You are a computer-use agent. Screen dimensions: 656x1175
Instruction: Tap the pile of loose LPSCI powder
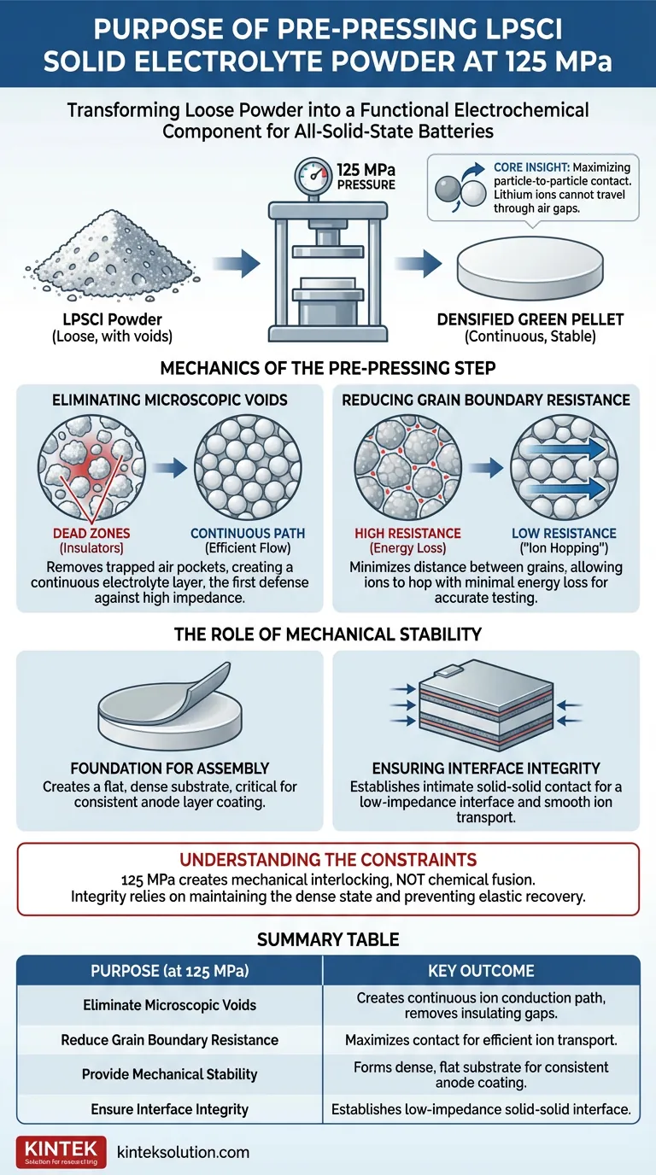[x=111, y=255]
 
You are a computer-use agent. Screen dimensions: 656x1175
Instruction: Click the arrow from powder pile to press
[x=237, y=263]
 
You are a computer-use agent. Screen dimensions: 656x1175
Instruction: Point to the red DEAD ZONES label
[x=91, y=534]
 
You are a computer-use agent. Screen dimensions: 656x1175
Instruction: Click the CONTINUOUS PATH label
[x=248, y=534]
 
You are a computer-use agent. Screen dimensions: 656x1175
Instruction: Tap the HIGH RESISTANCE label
[x=407, y=534]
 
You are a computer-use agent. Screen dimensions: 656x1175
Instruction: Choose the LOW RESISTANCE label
[x=564, y=534]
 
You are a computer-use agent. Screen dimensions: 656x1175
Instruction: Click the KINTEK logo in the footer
[x=61, y=1151]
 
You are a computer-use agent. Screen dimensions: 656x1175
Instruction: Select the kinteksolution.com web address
[x=183, y=1152]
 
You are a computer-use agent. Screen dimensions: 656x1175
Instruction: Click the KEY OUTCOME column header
[x=481, y=970]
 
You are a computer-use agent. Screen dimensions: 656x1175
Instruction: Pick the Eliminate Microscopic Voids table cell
[x=169, y=1005]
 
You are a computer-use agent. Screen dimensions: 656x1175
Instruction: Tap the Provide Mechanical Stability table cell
[x=169, y=1074]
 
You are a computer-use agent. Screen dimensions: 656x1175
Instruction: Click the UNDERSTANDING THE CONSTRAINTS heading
[x=328, y=860]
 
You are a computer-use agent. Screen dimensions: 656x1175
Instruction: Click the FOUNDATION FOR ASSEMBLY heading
[x=169, y=769]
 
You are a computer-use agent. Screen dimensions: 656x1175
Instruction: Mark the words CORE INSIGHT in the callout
[x=531, y=167]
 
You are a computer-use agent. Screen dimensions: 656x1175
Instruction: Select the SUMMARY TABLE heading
[x=328, y=939]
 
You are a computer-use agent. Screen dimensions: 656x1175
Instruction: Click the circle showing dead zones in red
[x=91, y=468]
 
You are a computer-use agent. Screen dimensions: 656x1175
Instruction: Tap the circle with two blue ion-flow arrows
[x=564, y=468]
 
